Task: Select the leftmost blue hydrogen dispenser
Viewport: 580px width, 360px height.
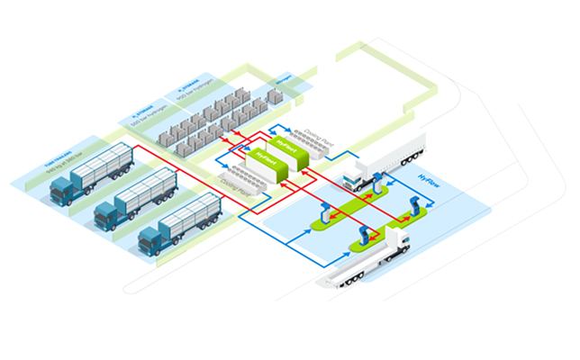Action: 322,215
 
